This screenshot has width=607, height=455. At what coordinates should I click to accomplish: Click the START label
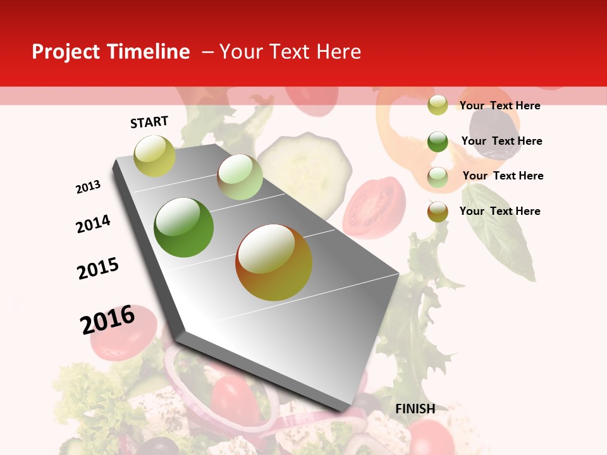click(149, 122)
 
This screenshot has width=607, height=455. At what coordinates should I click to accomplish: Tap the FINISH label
click(415, 409)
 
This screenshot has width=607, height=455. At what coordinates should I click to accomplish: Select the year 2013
click(89, 186)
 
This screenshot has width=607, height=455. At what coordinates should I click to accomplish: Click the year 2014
click(94, 224)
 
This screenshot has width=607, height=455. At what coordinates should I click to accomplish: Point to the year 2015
click(98, 269)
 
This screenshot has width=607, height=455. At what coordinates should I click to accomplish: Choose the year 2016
click(107, 319)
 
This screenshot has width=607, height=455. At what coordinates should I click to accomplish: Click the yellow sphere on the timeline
click(154, 155)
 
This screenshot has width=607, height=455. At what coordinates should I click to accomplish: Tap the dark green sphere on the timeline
click(184, 227)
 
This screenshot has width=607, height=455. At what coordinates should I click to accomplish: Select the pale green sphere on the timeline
click(240, 177)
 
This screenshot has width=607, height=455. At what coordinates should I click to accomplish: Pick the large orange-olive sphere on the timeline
click(274, 262)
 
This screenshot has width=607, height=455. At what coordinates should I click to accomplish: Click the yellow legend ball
click(438, 105)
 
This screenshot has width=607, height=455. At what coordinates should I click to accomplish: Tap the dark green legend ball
click(438, 142)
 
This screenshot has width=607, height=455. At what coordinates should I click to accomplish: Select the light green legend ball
click(438, 177)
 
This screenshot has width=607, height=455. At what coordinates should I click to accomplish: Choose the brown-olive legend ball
click(438, 212)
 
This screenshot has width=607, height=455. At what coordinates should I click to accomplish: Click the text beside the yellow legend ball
click(500, 106)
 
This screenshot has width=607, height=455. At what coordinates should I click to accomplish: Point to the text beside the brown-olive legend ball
click(500, 211)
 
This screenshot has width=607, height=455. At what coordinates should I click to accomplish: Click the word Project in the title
click(66, 52)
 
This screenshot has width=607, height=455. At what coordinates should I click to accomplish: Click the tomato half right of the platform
click(374, 207)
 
